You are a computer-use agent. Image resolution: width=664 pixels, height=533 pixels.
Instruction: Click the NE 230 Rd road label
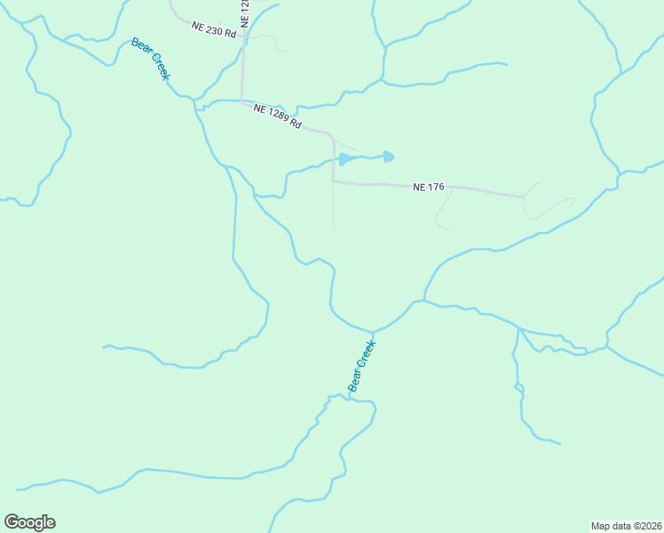coord(214,29)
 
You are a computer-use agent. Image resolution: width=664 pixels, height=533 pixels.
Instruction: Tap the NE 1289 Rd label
coord(277,116)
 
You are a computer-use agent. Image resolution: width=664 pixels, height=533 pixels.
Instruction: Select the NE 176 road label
coord(428,187)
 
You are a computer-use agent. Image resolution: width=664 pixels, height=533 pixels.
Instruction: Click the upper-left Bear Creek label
coord(150,59)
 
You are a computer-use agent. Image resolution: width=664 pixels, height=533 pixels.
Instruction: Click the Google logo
coord(29,522)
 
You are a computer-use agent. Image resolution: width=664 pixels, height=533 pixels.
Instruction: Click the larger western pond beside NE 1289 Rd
coord(347,159)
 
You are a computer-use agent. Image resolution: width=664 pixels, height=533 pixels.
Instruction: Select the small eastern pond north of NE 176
coord(389,157)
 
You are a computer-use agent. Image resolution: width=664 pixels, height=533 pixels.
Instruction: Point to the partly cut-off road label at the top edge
coord(245,11)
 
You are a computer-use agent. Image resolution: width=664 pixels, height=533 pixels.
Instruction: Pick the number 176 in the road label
coord(435,187)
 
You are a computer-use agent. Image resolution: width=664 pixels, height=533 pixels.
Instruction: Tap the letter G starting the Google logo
coord(12,522)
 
